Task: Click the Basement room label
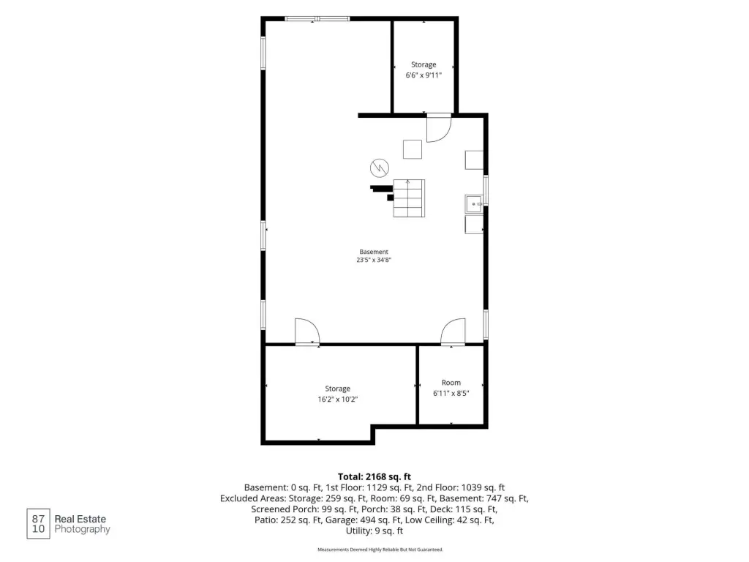(374, 252)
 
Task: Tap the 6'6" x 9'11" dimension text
(424, 75)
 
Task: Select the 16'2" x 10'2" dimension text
(338, 399)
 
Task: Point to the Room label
(451, 382)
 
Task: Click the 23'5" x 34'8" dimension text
(374, 260)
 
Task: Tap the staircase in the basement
(409, 198)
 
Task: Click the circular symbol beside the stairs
(380, 168)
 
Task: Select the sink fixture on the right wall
(474, 204)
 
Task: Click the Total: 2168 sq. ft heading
(374, 476)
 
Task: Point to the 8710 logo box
(38, 524)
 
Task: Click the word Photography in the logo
(82, 529)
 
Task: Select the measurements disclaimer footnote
(380, 550)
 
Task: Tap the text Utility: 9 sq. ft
(374, 531)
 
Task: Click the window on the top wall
(317, 19)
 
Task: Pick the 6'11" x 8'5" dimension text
(451, 393)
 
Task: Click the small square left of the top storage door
(413, 149)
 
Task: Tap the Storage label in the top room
(424, 64)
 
